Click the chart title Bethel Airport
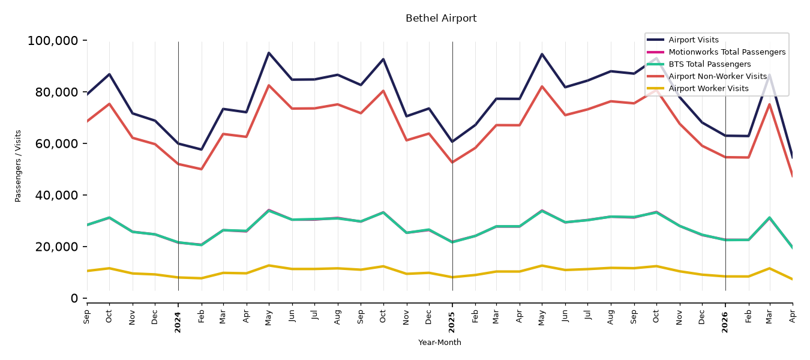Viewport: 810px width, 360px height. (441, 18)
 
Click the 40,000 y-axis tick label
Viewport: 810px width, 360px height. (56, 195)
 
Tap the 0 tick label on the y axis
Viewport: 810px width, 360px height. (74, 298)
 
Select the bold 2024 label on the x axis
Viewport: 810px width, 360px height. (178, 322)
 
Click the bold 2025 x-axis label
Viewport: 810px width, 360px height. (452, 322)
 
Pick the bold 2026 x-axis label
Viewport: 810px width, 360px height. (725, 322)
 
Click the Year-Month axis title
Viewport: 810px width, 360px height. (440, 342)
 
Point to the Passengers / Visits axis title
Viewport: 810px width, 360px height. (18, 166)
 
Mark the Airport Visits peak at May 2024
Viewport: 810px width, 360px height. (269, 53)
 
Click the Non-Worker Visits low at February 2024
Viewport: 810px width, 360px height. (201, 169)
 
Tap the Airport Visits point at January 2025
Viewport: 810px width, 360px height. (452, 142)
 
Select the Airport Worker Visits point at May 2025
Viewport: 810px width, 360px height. (542, 266)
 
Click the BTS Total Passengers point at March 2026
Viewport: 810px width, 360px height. (769, 218)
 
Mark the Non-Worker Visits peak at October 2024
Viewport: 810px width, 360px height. (383, 91)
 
